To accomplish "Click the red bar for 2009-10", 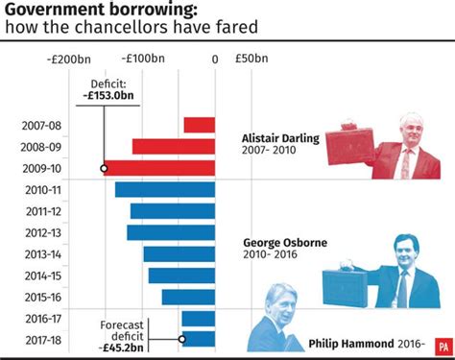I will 159,168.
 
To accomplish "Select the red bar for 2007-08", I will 200,125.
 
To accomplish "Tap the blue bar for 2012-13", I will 171,232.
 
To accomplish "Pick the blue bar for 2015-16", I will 188,297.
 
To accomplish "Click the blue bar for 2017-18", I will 199,338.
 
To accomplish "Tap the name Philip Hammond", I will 351,342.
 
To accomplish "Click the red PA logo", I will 442,344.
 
